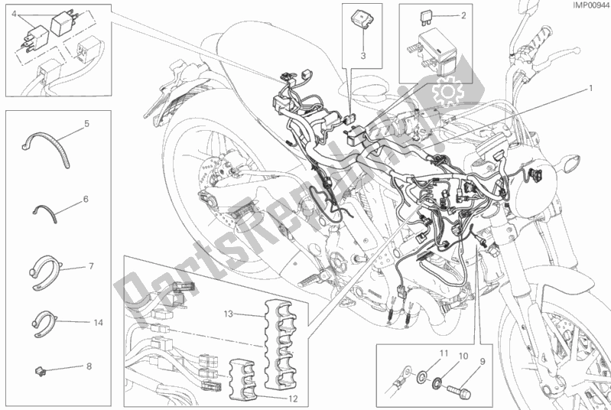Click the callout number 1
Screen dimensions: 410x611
point(590,88)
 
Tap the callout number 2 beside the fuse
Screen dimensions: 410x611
point(463,15)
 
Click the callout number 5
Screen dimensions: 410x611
point(86,122)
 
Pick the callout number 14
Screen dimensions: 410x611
point(86,198)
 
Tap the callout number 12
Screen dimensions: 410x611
point(89,366)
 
